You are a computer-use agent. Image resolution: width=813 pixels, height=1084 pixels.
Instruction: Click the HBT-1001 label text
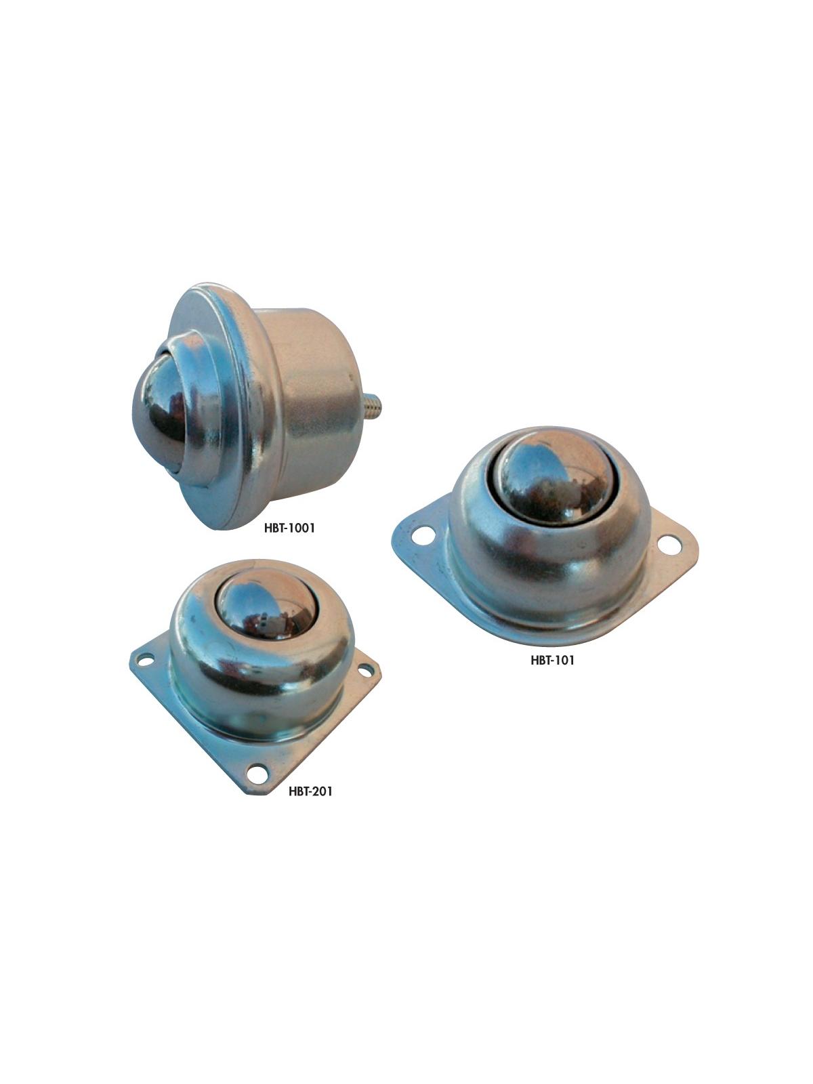tap(289, 528)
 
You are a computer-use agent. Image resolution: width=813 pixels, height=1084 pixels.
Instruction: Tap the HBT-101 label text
tap(552, 660)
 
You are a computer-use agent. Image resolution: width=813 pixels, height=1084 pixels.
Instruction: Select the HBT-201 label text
tap(310, 791)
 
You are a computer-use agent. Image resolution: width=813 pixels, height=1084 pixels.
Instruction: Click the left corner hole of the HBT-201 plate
tap(145, 659)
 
